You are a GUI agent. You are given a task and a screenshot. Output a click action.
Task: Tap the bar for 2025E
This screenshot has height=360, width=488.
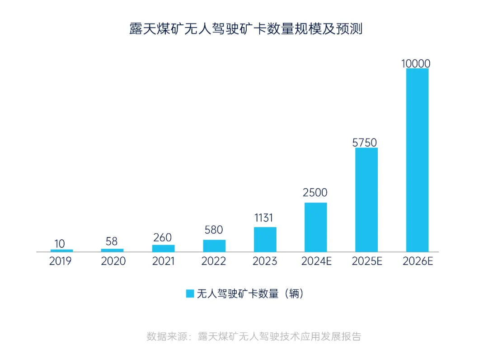tap(366, 199)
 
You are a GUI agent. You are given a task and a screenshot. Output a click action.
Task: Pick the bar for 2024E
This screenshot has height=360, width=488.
tap(315, 227)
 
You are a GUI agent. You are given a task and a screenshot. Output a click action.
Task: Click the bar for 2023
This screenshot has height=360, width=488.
tap(265, 239)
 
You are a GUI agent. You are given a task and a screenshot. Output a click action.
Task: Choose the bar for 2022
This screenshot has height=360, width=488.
tap(214, 246)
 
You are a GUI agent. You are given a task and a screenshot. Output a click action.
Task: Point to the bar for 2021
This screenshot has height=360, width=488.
tap(163, 248)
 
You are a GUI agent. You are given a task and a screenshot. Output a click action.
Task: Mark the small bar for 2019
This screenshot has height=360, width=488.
tap(61, 251)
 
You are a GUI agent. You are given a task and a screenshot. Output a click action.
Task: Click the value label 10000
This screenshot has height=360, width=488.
tap(416, 64)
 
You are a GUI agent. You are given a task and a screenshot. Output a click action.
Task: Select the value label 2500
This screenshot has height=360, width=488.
tap(315, 193)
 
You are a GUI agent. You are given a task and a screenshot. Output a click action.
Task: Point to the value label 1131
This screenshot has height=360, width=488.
tap(263, 218)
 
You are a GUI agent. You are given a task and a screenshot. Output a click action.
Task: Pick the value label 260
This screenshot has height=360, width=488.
tap(163, 237)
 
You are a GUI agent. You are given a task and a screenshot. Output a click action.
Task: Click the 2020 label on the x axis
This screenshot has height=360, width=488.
tap(113, 261)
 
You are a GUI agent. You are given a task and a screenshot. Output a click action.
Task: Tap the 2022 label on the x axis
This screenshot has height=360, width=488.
tap(214, 261)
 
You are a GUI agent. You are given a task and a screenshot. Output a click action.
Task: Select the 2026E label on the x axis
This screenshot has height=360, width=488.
tap(417, 261)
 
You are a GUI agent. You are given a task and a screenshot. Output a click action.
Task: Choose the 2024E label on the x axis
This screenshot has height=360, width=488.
tap(316, 261)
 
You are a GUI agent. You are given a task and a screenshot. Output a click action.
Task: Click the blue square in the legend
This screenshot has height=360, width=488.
tap(190, 294)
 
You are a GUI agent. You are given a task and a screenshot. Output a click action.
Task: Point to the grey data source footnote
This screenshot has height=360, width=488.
tap(253, 336)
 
